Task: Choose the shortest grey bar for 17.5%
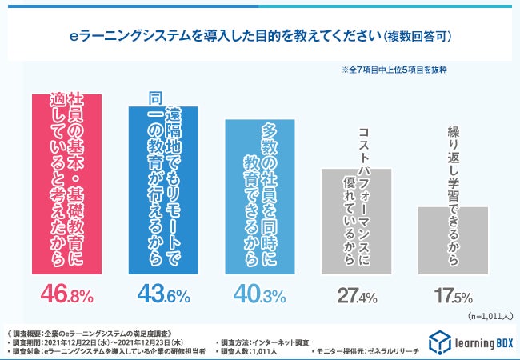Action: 453,240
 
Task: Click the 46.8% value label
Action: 66,295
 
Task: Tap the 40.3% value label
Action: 260,295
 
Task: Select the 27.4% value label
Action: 357,297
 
